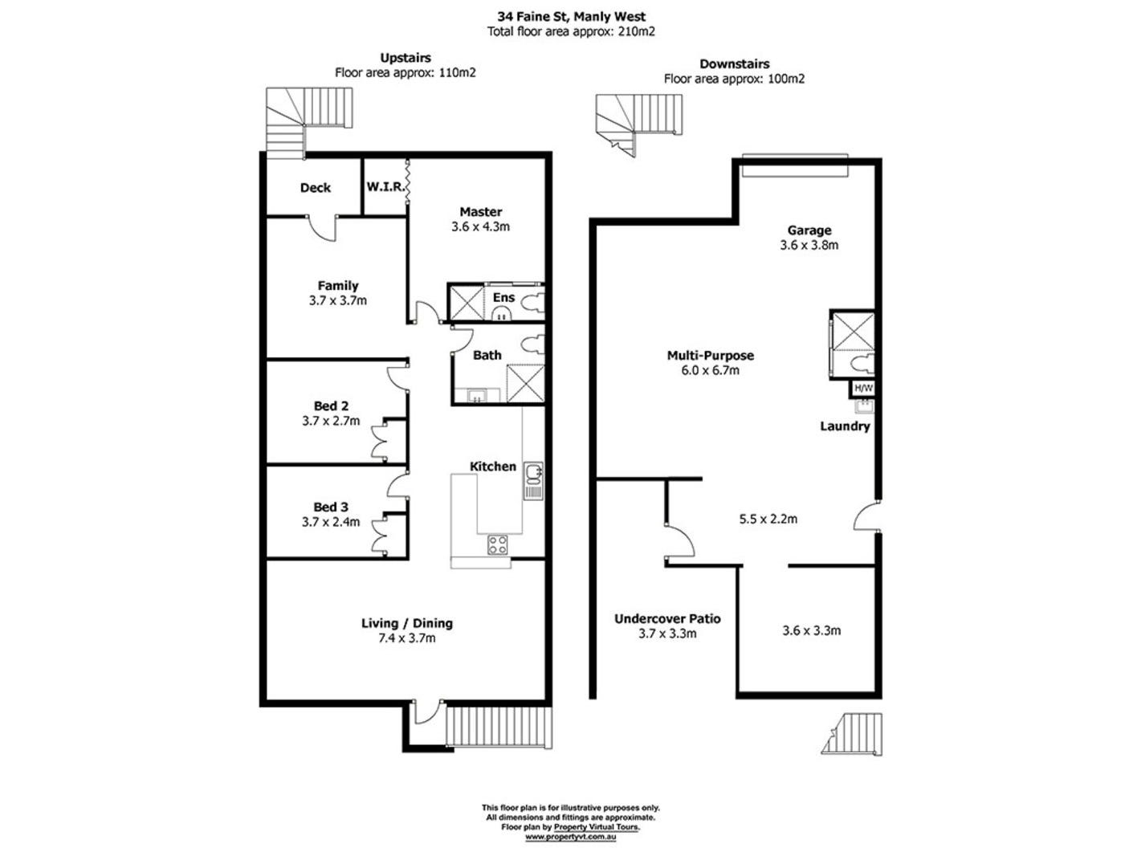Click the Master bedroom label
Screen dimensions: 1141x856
(x=480, y=212)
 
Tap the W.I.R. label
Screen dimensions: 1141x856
(x=385, y=186)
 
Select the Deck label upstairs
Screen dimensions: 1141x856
(x=315, y=188)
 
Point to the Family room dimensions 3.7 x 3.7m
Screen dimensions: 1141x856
(x=337, y=301)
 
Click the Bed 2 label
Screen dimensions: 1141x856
(x=331, y=406)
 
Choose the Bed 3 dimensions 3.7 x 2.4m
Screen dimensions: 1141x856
(x=331, y=522)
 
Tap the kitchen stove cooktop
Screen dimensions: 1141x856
(x=498, y=545)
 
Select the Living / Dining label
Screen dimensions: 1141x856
(x=406, y=623)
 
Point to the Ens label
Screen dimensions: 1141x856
(x=503, y=298)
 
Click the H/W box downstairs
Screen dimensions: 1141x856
(x=863, y=389)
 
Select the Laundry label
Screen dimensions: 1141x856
(x=845, y=426)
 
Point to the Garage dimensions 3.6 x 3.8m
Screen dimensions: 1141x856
(x=809, y=246)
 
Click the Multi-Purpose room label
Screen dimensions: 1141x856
(x=710, y=356)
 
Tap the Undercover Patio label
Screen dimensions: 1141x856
(x=667, y=619)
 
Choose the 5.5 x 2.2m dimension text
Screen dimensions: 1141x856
(x=768, y=519)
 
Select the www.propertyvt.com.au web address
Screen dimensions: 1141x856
(x=570, y=837)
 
